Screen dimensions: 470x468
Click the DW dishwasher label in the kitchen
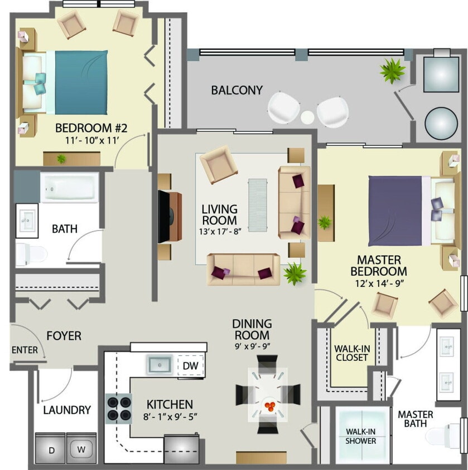191,366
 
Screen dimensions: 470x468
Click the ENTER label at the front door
24,350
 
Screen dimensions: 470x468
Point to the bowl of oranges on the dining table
269,405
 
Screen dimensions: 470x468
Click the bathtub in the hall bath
69,187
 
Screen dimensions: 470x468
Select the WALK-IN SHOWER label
360,436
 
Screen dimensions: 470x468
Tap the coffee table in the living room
258,204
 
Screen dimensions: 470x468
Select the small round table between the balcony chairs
308,117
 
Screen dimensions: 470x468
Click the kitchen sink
160,365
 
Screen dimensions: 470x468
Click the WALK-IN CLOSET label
351,353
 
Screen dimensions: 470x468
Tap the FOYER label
64,336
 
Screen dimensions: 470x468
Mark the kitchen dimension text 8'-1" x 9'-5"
170,417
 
